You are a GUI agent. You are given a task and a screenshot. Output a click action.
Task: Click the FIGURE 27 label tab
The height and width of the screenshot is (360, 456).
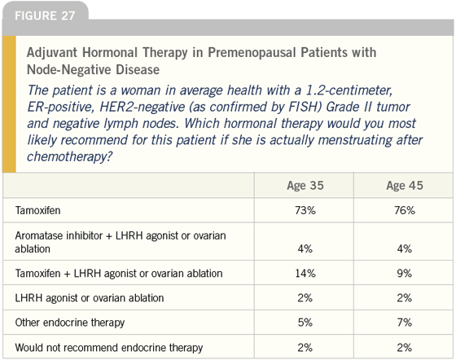[x=45, y=15]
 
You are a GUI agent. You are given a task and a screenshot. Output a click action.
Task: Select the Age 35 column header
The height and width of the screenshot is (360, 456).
[x=305, y=186]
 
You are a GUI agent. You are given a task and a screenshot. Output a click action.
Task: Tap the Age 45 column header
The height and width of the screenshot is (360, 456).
[x=405, y=186]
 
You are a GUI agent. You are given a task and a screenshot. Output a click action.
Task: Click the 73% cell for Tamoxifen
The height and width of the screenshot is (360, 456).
[x=305, y=210]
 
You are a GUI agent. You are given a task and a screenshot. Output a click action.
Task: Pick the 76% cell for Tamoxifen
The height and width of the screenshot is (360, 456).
[x=405, y=210]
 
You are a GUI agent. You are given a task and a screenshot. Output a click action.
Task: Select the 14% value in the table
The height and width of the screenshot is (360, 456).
[x=305, y=274]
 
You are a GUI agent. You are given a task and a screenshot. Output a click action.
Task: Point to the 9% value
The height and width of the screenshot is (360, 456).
[x=405, y=274]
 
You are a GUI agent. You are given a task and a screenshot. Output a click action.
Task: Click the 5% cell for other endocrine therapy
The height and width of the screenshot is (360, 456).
[x=305, y=323]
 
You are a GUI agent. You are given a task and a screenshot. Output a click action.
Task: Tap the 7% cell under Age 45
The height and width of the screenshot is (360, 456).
[x=405, y=323]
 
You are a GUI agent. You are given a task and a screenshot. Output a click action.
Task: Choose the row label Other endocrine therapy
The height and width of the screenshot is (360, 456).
[x=70, y=323]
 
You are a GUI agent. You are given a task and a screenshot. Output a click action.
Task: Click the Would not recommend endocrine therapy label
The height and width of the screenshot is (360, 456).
[x=109, y=348]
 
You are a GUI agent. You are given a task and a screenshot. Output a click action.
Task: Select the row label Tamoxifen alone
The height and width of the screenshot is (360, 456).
[x=37, y=210]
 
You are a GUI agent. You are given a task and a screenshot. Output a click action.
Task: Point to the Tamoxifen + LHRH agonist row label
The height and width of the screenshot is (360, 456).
[x=119, y=274]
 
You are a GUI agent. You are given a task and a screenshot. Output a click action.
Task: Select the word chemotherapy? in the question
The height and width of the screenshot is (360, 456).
[x=69, y=157]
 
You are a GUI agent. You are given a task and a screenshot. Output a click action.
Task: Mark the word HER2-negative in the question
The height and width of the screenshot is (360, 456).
[x=142, y=107]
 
